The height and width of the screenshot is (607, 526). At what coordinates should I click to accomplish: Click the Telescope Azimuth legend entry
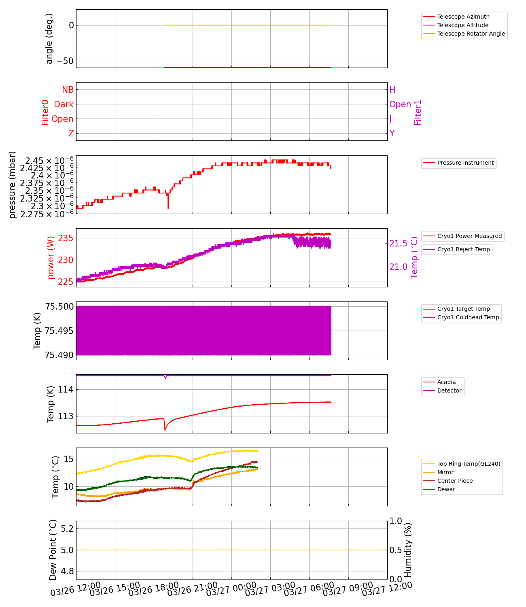463,17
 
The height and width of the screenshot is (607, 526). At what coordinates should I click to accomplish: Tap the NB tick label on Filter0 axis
68,90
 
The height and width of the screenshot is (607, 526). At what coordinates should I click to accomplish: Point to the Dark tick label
64,104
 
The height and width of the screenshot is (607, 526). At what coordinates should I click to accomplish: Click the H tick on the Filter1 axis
392,90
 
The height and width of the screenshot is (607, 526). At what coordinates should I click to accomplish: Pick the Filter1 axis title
418,112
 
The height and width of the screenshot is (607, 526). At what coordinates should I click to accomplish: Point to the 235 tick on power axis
66,238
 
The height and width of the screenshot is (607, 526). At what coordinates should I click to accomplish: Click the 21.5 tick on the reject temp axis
399,243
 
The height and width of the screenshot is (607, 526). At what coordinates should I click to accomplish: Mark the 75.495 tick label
59,331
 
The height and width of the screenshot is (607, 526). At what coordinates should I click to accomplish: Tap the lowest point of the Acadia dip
165,430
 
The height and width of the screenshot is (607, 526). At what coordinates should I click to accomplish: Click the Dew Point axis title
53,550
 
